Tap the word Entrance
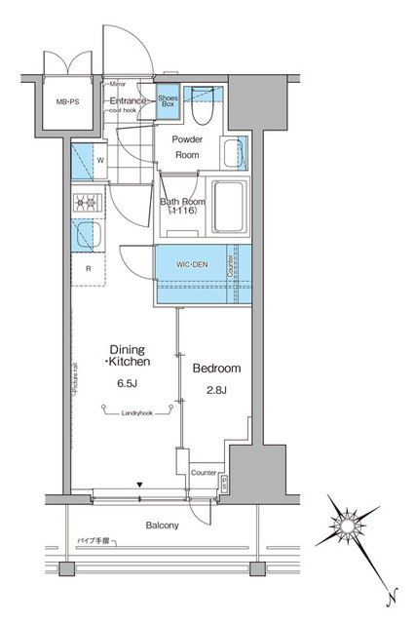(127, 100)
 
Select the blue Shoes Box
(167, 101)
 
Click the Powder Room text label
(187, 147)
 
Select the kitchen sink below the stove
(86, 236)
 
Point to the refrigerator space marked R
(89, 268)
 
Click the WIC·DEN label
(191, 263)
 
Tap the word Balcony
(163, 526)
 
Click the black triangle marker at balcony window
(139, 484)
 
